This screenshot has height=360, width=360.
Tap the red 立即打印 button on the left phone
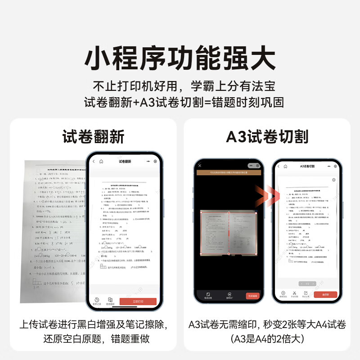coord(138,301)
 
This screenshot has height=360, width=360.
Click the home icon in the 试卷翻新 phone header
coord(101,161)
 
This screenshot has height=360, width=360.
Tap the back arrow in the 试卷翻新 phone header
coord(94,161)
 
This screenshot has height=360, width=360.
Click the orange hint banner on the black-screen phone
coord(229,172)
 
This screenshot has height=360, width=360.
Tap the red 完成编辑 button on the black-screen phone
coord(253,296)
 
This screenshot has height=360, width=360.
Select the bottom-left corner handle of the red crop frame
coord(201,254)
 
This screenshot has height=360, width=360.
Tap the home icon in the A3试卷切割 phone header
coord(285,166)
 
